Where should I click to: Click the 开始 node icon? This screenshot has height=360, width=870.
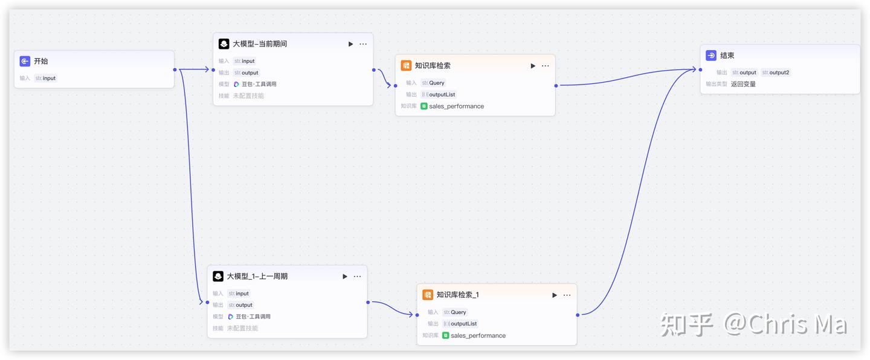25,61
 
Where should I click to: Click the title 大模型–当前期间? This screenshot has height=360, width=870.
260,44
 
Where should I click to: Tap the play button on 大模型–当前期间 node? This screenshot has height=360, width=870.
350,44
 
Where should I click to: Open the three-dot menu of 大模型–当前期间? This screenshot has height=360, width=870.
363,44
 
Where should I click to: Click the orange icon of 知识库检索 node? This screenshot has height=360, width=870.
406,66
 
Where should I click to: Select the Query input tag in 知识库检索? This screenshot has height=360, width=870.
433,83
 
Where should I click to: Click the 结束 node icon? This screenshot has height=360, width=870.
711,56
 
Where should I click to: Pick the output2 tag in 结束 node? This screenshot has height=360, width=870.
776,72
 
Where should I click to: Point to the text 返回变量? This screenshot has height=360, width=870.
743,84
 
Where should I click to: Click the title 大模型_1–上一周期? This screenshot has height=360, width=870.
257,277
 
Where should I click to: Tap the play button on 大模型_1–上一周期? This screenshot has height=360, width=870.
345,277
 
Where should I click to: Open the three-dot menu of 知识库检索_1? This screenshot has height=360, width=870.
567,295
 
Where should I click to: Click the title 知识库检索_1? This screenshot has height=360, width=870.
457,295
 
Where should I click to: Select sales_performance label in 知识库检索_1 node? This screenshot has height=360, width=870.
478,336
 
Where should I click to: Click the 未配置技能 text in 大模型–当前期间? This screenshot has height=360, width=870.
248,96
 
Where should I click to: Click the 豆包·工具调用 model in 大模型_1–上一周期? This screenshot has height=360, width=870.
253,317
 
